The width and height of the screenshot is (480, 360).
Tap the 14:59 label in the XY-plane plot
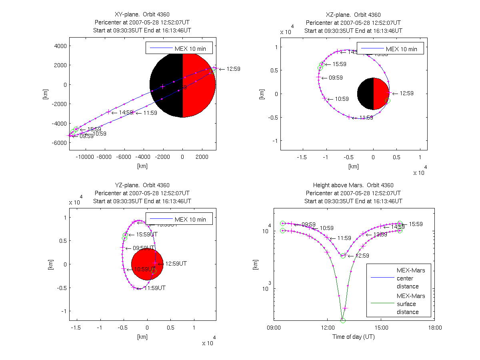[126, 113]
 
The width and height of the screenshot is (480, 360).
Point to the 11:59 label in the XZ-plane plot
[366, 118]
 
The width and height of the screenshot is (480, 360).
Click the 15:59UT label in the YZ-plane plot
[147, 234]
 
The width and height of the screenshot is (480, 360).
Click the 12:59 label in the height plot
[362, 256]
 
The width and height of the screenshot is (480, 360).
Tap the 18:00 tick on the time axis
[434, 328]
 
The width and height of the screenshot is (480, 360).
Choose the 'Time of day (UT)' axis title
[354, 337]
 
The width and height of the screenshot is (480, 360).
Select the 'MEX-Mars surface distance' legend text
[411, 304]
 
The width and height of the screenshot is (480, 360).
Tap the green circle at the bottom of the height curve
[343, 320]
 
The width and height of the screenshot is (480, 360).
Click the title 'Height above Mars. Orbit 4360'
[353, 185]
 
